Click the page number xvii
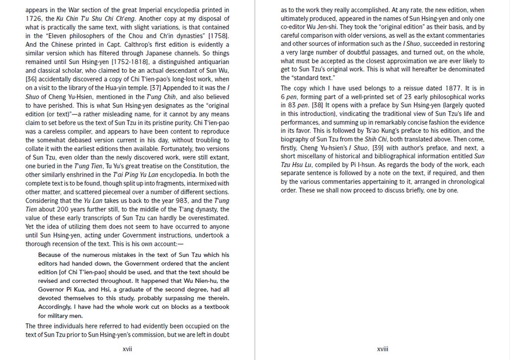[127, 349]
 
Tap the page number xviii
[382, 349]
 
